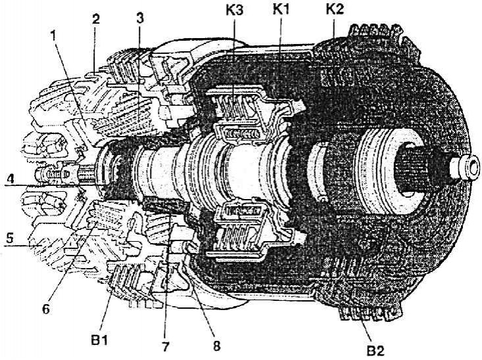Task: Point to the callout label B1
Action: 99,340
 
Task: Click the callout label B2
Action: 375,350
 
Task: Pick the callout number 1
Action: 54,36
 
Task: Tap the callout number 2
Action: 95,19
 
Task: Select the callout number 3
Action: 140,18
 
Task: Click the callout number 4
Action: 10,179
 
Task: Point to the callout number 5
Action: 10,238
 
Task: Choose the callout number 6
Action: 46,309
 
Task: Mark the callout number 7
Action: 165,347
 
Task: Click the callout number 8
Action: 217,346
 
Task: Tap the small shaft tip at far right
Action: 465,168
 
